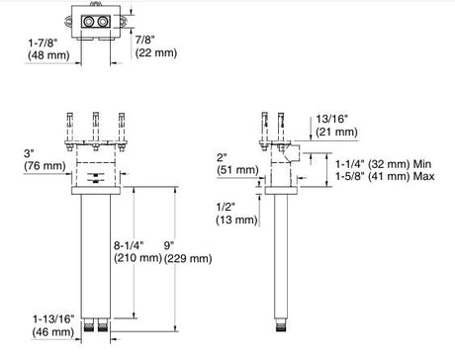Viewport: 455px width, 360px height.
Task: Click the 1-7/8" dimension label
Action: pyautogui.click(x=43, y=43)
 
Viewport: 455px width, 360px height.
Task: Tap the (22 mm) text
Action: pyautogui.click(x=156, y=52)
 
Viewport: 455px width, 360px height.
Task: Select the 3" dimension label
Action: pyautogui.click(x=29, y=153)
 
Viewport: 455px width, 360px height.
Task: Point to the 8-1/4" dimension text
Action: pyautogui.click(x=129, y=245)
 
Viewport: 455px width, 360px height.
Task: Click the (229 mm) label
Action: pyautogui.click(x=188, y=258)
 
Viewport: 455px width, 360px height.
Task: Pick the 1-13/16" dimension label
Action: pyautogui.click(x=53, y=319)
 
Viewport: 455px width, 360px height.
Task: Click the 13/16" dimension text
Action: pyautogui.click(x=332, y=119)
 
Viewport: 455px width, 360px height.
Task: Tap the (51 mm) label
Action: pyautogui.click(x=237, y=170)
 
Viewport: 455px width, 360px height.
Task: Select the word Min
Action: pyautogui.click(x=422, y=164)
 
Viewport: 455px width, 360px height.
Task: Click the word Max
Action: pyautogui.click(x=423, y=176)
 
